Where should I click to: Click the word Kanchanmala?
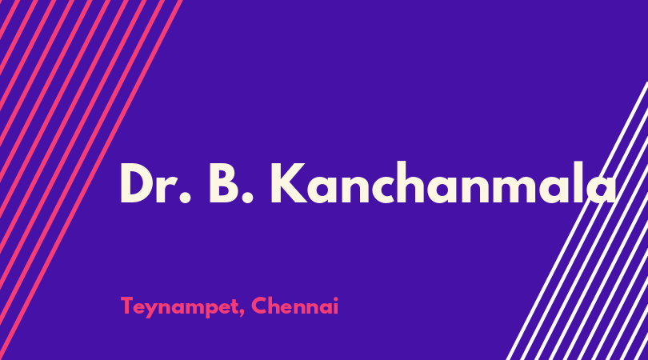pos(444,182)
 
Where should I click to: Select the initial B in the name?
pos(224,183)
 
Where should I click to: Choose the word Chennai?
pos(294,306)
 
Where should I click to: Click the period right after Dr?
pos(186,198)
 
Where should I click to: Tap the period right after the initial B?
pos(247,198)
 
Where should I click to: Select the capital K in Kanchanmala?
pos(290,183)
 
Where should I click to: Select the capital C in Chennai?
pos(259,306)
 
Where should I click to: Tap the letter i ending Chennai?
pos(335,306)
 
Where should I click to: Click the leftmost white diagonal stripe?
pos(577,221)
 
